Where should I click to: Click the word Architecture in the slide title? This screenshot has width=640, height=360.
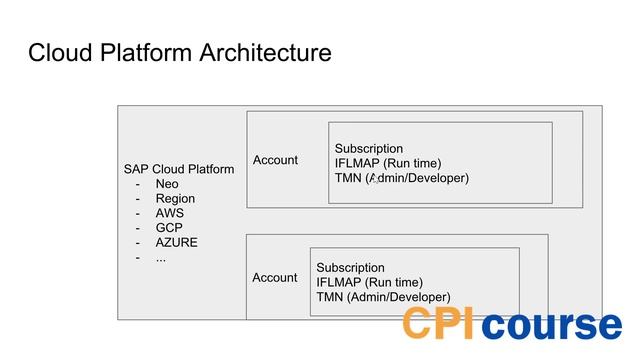point(263,53)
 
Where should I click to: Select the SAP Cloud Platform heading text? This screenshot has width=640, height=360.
point(179,169)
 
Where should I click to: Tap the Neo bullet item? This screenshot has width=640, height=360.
point(167,184)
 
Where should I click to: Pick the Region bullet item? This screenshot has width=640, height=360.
point(175,199)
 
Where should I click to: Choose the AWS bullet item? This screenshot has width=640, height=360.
point(170,213)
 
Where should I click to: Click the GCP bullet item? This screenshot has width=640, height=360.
point(169,228)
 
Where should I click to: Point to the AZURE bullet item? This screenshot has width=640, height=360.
point(176,243)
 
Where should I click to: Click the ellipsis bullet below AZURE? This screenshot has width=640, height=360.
point(161,258)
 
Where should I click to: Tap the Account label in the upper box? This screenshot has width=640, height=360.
point(275,160)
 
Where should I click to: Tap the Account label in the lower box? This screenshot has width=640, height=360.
point(274,277)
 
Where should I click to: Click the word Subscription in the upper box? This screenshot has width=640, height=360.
point(369,149)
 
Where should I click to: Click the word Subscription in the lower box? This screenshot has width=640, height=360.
point(350,268)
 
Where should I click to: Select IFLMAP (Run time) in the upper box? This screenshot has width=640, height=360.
point(388,164)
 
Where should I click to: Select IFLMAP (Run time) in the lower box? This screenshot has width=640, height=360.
point(369,282)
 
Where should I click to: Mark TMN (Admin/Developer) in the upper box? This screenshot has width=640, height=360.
point(401,178)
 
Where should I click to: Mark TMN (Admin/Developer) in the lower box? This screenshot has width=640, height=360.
point(383,297)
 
